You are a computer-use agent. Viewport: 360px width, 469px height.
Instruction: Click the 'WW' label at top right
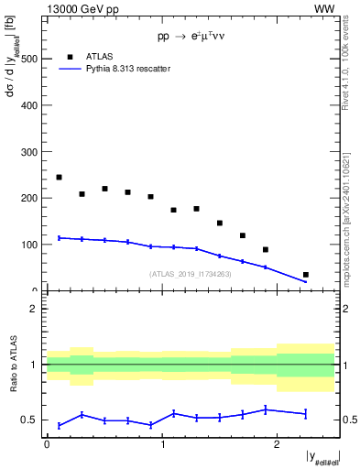[325, 8]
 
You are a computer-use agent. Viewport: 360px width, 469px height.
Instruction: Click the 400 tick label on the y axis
[29, 105]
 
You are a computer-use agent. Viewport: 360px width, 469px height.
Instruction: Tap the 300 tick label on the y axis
[29, 152]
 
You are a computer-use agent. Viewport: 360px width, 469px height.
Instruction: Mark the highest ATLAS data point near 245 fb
[59, 177]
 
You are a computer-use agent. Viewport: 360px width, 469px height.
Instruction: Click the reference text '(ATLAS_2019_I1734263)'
[190, 274]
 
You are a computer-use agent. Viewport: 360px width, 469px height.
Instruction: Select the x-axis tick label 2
[278, 444]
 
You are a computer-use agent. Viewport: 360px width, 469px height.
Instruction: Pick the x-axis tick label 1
[163, 444]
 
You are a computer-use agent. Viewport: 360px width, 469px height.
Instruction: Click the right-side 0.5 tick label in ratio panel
[349, 420]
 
